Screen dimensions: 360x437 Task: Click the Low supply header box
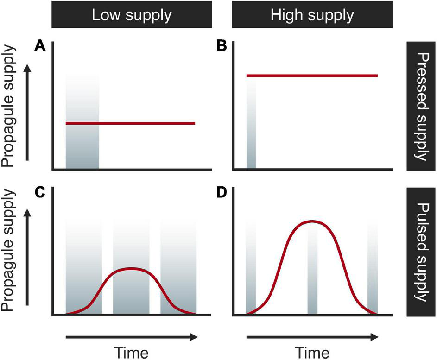(x=132, y=16)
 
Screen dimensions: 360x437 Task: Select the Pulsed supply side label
(x=421, y=252)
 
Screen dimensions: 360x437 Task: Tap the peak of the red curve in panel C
(x=132, y=269)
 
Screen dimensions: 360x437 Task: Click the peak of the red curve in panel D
(x=312, y=221)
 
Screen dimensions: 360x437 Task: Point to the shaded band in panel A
(x=82, y=148)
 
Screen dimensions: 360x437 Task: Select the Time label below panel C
(x=132, y=352)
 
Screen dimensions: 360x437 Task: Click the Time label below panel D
(x=312, y=352)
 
